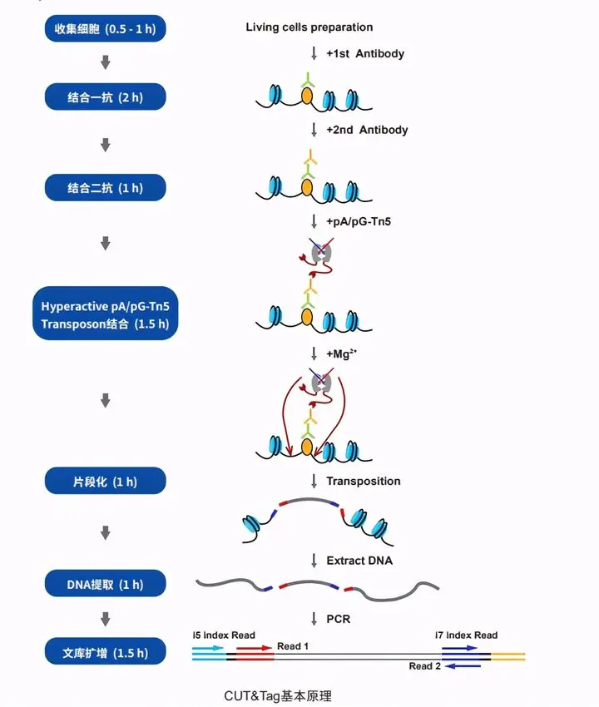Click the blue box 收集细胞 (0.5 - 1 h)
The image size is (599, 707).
click(x=105, y=30)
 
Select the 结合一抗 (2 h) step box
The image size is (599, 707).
click(x=105, y=97)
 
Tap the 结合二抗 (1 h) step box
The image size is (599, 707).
click(x=105, y=188)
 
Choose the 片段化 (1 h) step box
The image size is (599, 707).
click(x=105, y=481)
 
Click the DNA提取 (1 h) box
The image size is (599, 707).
click(x=105, y=585)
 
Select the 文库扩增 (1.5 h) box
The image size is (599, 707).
click(x=105, y=653)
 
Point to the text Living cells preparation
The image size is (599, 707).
click(x=309, y=27)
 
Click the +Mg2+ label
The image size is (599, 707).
click(x=344, y=353)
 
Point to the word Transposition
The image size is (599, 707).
click(x=364, y=481)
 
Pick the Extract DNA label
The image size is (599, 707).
click(x=359, y=561)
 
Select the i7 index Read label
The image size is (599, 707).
click(x=466, y=635)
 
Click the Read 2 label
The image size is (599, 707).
click(x=421, y=666)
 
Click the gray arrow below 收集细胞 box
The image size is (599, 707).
click(x=106, y=62)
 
